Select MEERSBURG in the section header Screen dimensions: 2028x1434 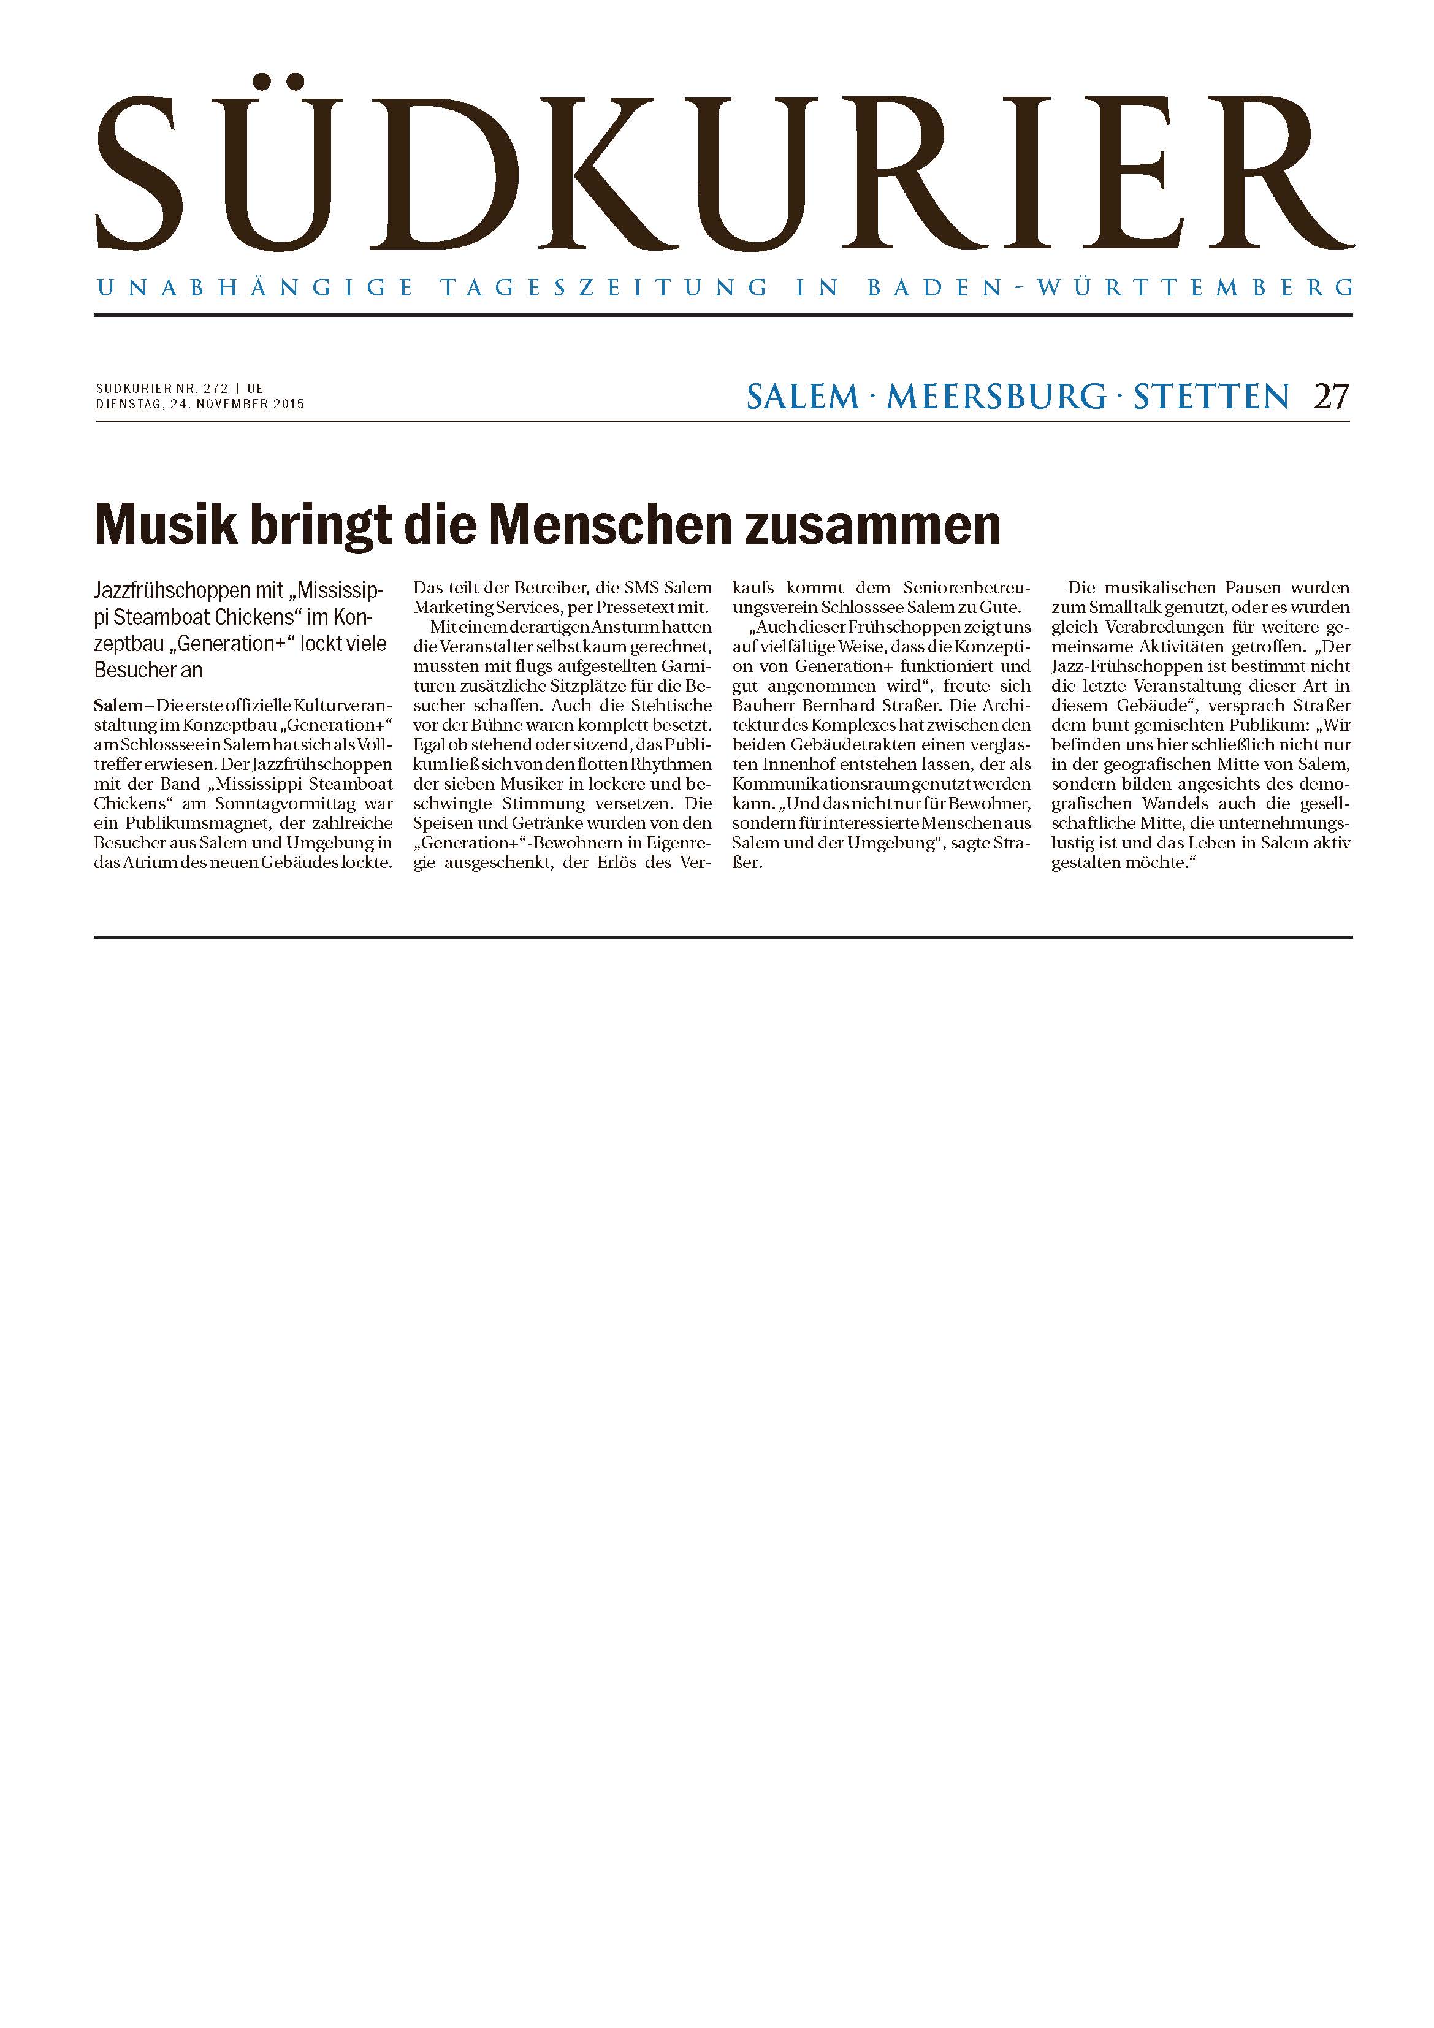[x=996, y=397]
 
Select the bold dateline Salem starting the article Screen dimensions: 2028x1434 [x=118, y=706]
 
